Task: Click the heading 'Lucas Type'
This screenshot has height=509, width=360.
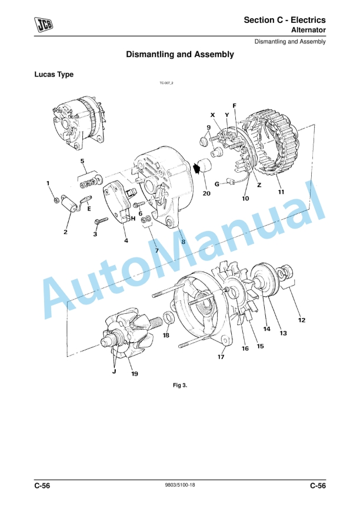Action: [x=54, y=75]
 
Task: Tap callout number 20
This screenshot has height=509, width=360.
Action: [x=206, y=193]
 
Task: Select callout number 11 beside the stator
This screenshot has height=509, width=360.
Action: [x=281, y=192]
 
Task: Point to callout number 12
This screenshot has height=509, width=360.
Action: [x=302, y=320]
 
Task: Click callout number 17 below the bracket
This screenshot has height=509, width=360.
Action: [x=222, y=356]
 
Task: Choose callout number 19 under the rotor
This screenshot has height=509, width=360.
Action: [x=135, y=374]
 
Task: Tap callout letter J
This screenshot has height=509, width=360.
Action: [x=114, y=371]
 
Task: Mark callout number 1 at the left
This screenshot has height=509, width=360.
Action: [x=48, y=184]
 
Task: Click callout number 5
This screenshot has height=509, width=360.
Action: [x=82, y=161]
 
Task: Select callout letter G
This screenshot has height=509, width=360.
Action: [x=216, y=184]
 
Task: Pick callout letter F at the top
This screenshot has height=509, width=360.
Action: [x=234, y=106]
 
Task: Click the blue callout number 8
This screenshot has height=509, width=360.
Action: [x=183, y=241]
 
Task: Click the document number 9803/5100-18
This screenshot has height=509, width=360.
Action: [x=180, y=485]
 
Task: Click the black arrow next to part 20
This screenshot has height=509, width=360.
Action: [x=197, y=169]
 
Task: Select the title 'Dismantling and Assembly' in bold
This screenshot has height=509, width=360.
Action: [x=180, y=54]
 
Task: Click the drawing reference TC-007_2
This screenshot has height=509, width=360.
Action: [x=166, y=84]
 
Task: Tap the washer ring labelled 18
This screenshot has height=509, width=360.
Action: [x=168, y=319]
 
